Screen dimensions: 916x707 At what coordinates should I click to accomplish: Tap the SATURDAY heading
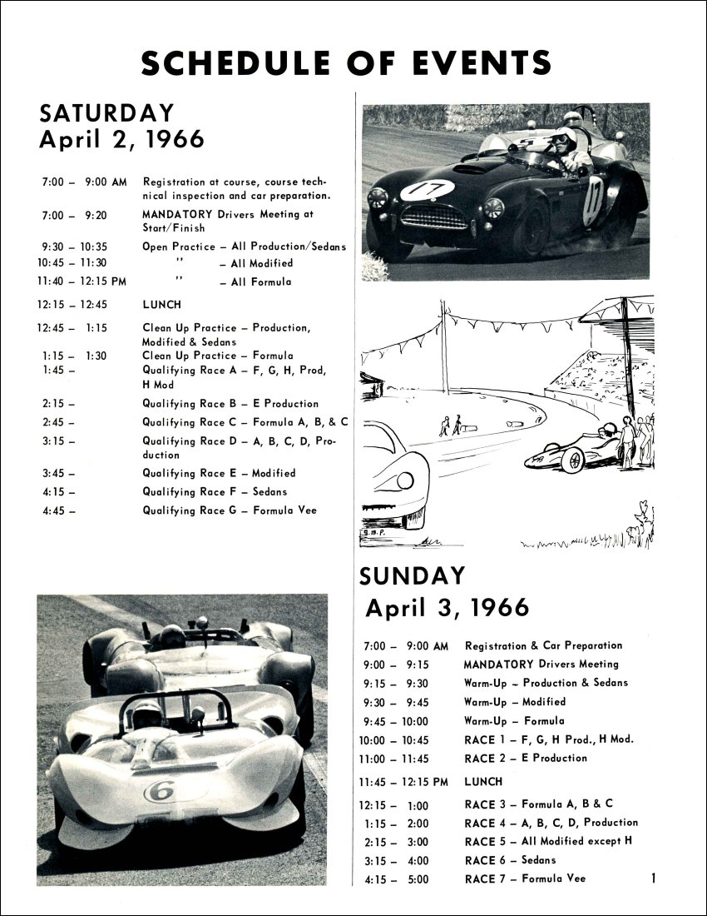pyautogui.click(x=107, y=112)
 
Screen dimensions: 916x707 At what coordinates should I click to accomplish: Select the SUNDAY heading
pyautogui.click(x=412, y=576)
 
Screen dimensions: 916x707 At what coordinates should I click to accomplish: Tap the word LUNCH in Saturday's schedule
pyautogui.click(x=161, y=305)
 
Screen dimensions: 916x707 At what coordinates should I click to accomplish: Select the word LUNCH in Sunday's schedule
pyautogui.click(x=483, y=782)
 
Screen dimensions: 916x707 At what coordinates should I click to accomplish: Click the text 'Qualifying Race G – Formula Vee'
pyautogui.click(x=229, y=510)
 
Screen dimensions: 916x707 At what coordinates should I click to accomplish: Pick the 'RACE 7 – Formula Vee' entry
pyautogui.click(x=525, y=879)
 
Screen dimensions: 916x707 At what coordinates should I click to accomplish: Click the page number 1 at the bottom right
pyautogui.click(x=655, y=877)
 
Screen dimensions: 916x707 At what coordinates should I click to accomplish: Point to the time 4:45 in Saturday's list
pyautogui.click(x=54, y=510)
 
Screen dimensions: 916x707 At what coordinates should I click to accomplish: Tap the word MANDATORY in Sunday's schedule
pyautogui.click(x=498, y=665)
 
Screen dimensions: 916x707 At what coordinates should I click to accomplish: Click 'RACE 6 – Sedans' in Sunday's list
pyautogui.click(x=510, y=860)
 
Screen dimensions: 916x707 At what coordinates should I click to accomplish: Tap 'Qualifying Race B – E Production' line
pyautogui.click(x=230, y=404)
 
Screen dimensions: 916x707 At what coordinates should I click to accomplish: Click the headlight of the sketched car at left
pyautogui.click(x=405, y=480)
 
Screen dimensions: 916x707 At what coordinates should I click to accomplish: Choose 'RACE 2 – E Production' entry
pyautogui.click(x=526, y=759)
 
